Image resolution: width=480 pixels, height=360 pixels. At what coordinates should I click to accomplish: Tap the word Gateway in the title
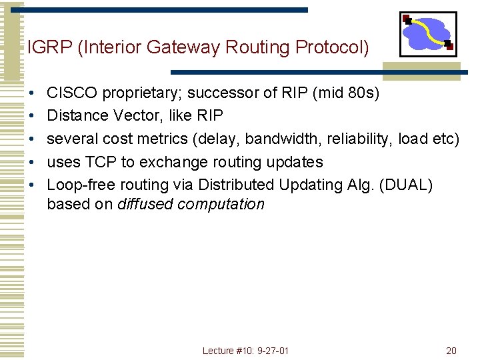click(x=190, y=48)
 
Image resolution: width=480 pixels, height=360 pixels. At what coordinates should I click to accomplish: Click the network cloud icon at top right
click(x=428, y=33)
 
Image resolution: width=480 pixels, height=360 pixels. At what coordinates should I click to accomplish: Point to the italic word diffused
click(x=143, y=204)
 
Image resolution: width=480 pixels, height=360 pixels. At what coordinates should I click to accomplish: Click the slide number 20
click(x=451, y=351)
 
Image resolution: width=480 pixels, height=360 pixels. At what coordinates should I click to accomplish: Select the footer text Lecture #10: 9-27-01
click(x=245, y=351)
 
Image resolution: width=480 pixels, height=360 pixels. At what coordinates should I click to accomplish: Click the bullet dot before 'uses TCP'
click(x=31, y=162)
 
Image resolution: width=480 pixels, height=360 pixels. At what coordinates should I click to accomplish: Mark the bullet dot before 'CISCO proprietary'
click(x=31, y=93)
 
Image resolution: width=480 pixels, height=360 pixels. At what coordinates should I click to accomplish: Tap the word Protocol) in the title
click(x=333, y=48)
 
